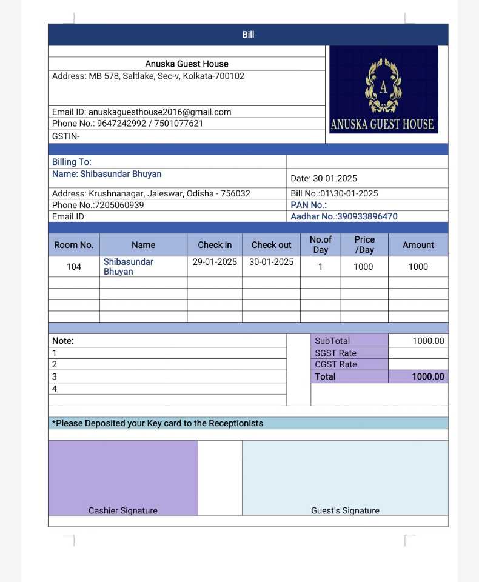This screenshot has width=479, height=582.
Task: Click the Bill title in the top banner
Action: pos(248,35)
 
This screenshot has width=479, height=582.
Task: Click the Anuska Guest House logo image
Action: pos(383,90)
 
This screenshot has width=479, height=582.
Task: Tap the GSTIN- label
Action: pos(65,136)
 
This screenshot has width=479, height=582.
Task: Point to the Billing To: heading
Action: pos(72,162)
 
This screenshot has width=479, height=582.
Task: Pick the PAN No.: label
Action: pos(309,205)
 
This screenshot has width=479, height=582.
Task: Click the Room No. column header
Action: pos(74,245)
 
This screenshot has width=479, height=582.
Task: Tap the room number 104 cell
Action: pos(74,267)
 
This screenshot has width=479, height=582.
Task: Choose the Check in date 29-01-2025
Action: pos(215,262)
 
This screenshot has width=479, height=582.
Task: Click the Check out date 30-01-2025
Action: pos(271,262)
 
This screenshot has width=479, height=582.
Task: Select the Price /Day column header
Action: pos(364,245)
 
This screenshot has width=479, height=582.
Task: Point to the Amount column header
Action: pos(418,245)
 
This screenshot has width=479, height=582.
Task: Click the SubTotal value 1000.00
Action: pos(428,341)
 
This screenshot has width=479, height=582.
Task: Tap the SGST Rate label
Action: pos(335,353)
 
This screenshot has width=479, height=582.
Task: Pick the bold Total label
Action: pos(325,376)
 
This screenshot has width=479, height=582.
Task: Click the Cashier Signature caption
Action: pos(123,510)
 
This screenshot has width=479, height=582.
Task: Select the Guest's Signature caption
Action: pos(345,510)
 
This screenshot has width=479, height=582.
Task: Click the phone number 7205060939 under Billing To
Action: pos(119,205)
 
